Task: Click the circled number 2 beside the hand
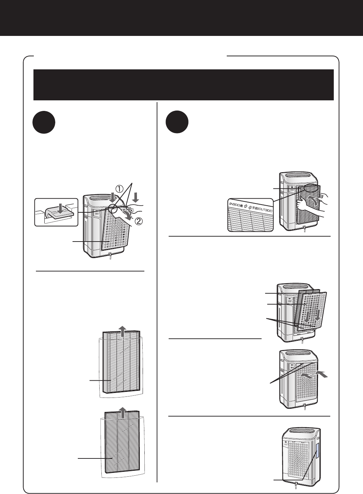140,223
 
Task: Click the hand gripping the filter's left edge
301,205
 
